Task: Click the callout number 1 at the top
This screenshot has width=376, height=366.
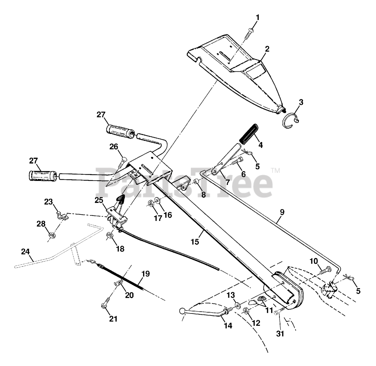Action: point(258,18)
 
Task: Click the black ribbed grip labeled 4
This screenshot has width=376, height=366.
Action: point(249,134)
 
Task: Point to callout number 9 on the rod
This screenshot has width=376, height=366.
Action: point(282,212)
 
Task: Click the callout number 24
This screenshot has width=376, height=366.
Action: point(26,252)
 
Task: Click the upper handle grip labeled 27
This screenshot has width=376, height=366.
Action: point(120,129)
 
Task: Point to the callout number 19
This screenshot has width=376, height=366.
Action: point(146,274)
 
